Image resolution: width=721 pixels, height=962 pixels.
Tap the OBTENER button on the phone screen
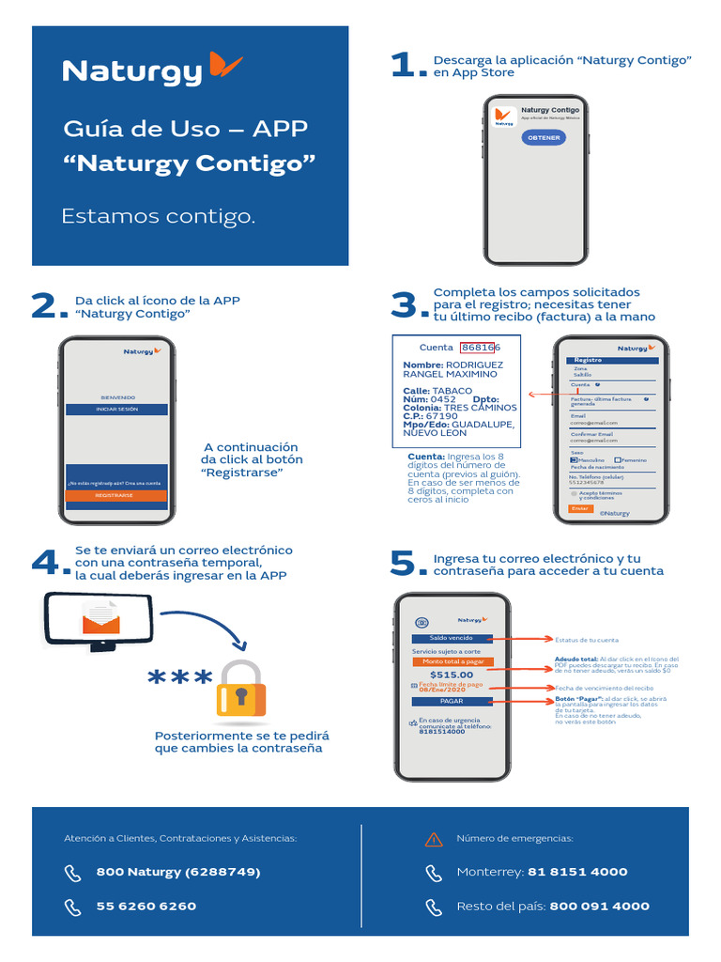544,137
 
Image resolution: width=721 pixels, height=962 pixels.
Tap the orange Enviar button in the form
580,508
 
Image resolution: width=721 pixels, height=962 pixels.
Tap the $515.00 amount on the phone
452,675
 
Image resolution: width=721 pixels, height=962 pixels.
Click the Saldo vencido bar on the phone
452,639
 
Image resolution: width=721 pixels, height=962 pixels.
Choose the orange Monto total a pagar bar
452,661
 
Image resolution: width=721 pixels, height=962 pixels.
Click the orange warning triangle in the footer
433,839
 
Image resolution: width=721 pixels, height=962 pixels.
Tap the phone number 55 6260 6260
146,907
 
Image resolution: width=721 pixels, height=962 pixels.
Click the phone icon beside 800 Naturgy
73,873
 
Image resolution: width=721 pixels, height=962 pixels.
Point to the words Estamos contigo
158,217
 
